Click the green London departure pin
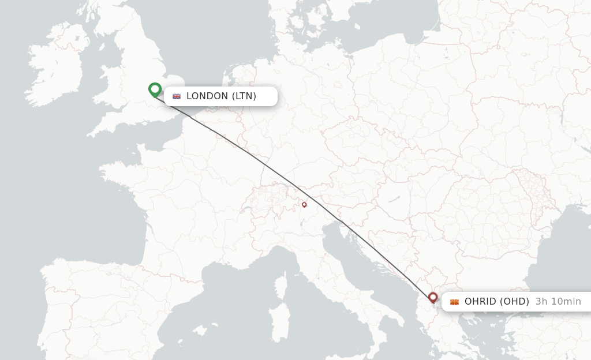pyautogui.click(x=155, y=89)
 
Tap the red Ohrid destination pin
pyautogui.click(x=433, y=297)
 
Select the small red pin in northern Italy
pyautogui.click(x=304, y=204)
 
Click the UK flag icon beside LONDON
pyautogui.click(x=177, y=96)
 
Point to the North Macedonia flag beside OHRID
pyautogui.click(x=455, y=302)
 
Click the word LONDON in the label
pyautogui.click(x=207, y=96)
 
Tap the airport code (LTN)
pyautogui.click(x=244, y=96)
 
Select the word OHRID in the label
pyautogui.click(x=481, y=301)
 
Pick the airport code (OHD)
pyautogui.click(x=514, y=301)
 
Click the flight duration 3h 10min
pyautogui.click(x=558, y=301)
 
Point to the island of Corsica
pyautogui.click(x=282, y=286)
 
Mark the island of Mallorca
pyautogui.click(x=199, y=331)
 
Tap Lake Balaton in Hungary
pyautogui.click(x=394, y=199)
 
